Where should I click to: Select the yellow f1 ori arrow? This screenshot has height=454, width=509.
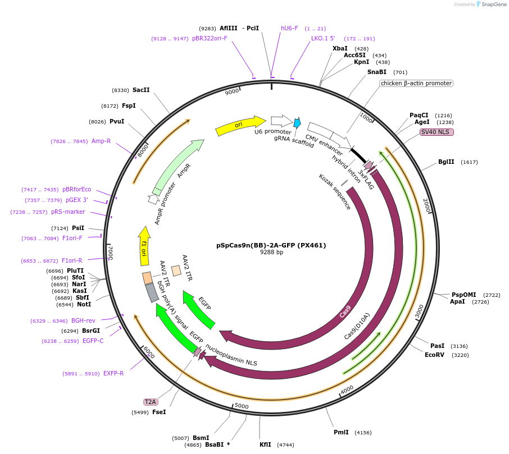point(144,246)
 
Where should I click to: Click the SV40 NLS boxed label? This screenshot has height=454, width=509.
point(437,132)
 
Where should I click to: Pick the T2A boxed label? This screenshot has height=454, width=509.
point(150,402)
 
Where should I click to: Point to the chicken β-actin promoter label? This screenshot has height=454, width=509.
point(416,83)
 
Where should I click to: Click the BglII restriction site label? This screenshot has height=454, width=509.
point(446,162)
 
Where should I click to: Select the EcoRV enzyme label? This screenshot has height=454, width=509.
point(434,355)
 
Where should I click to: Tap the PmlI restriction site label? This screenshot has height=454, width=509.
point(341,432)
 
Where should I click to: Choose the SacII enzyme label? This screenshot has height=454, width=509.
point(141,90)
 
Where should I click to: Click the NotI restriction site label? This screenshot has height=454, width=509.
point(84,305)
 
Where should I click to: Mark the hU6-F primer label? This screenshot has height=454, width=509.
point(289,28)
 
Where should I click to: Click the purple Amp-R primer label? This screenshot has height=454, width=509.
point(101,141)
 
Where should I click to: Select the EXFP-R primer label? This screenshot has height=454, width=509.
point(113,373)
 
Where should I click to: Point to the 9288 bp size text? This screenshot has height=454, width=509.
point(271,253)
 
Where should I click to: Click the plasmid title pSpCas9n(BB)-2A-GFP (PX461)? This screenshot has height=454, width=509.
point(271,245)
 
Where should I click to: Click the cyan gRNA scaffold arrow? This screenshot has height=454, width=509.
point(297,123)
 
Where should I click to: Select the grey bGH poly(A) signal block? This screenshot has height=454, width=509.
point(152,292)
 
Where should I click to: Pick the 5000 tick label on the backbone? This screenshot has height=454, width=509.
point(241,405)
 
